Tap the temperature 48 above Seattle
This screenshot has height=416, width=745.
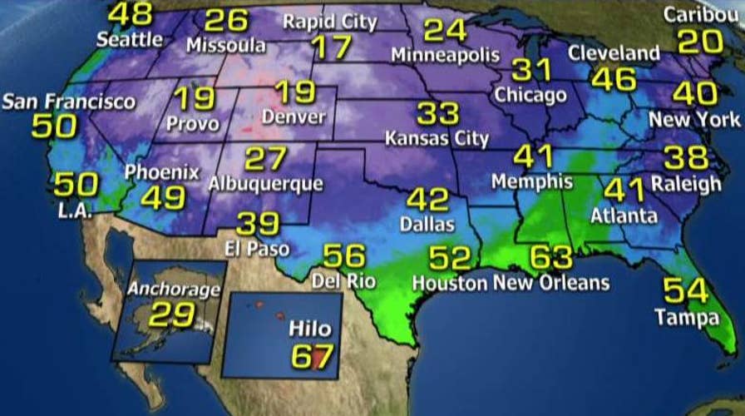[x=131, y=14]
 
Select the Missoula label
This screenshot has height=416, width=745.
[x=225, y=45]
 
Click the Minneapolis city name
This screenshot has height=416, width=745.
[x=446, y=56]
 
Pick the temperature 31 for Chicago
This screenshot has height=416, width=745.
[x=531, y=70]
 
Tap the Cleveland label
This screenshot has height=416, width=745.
[x=614, y=53]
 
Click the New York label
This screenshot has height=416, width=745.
[x=694, y=119]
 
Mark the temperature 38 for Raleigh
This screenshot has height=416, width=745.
[x=687, y=157]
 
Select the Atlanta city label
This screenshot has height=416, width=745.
[x=624, y=216]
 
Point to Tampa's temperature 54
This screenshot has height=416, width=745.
[x=685, y=292]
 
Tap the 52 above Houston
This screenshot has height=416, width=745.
[x=448, y=258]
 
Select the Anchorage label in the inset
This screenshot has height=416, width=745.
[x=175, y=290]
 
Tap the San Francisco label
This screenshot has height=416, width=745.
[x=69, y=102]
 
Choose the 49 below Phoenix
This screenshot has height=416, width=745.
[x=162, y=197]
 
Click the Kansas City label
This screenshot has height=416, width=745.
[x=436, y=137]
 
